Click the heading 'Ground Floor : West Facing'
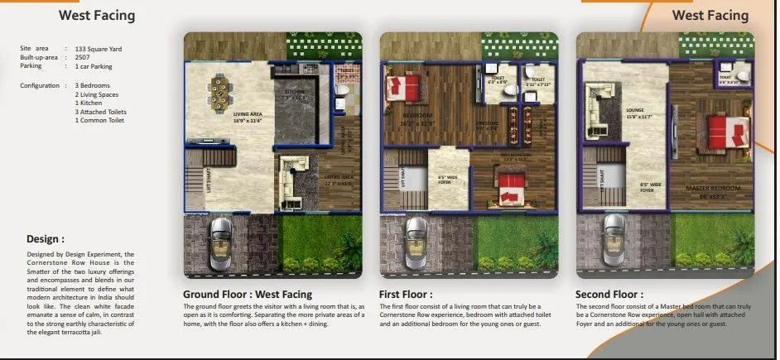click(248, 294)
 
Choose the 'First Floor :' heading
click(406, 294)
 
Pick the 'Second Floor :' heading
click(609, 294)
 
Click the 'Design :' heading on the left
click(46, 239)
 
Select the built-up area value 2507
click(84, 57)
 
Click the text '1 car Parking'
click(94, 66)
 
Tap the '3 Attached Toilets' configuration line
click(102, 112)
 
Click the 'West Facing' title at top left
click(97, 15)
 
